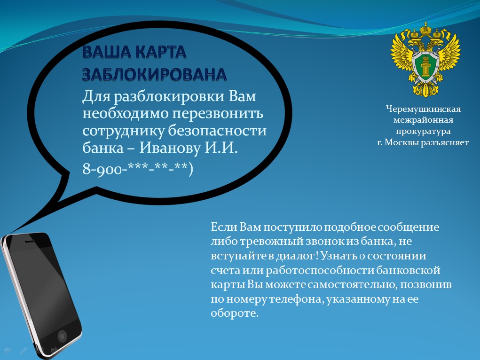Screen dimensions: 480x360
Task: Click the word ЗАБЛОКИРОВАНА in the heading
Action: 155,74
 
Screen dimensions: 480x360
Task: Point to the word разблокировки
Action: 169,97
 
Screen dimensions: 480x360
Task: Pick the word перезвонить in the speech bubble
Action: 218,114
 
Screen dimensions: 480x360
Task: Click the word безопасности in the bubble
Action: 217,131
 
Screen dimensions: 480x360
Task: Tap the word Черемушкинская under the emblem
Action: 424,109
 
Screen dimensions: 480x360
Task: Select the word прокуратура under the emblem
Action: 424,132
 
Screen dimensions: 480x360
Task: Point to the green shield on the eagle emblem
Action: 426,65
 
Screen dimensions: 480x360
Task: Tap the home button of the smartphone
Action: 62,336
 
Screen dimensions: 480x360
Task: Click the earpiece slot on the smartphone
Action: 30,242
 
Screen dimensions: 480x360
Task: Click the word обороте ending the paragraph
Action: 235,313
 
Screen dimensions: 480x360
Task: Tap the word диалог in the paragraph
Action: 296,256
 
